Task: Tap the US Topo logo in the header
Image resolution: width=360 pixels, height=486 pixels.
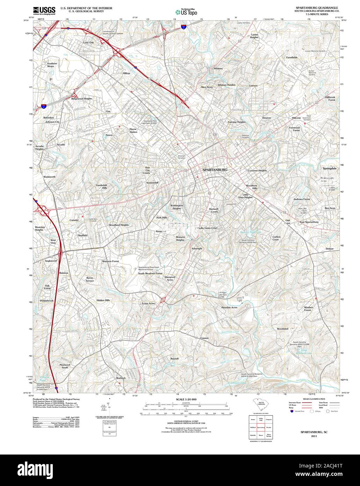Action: click(186, 12)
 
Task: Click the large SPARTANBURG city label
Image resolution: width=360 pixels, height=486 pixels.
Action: click(215, 170)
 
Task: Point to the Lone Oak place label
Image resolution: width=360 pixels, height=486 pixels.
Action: click(88, 43)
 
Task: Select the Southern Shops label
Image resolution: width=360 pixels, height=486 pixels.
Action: click(52, 65)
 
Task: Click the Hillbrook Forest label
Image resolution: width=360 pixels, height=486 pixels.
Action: click(330, 99)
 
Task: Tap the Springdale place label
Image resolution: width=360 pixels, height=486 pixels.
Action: click(329, 169)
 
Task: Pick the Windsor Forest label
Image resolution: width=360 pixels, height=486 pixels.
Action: click(307, 309)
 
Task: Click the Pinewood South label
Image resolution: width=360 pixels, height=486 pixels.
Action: click(65, 366)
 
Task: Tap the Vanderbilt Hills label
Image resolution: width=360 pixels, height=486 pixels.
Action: click(104, 186)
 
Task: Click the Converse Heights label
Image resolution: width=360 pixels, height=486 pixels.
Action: click(257, 171)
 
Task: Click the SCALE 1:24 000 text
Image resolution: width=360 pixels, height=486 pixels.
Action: click(186, 399)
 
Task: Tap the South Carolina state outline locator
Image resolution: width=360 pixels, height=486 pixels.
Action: click(261, 407)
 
